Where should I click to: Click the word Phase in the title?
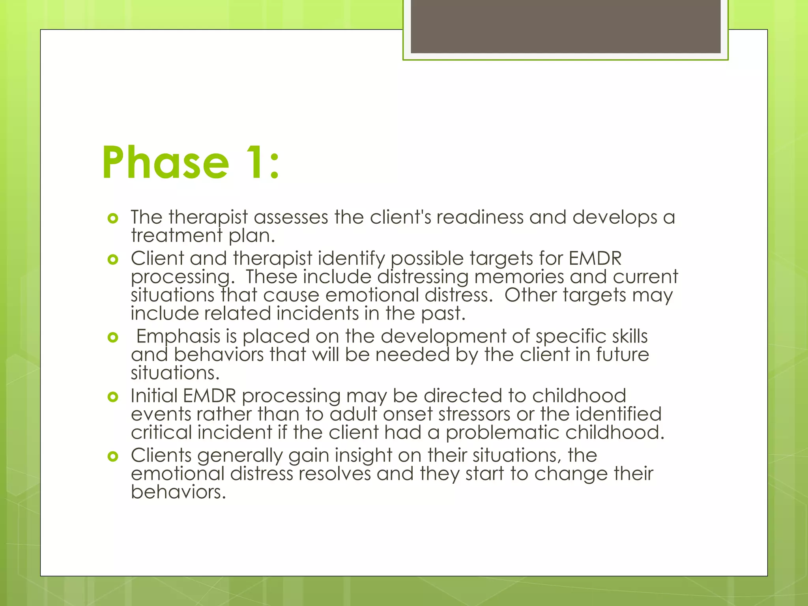[x=165, y=163]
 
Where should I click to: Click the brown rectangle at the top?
[x=565, y=26]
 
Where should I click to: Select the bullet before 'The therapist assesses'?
[x=113, y=218]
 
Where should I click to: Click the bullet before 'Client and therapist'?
[x=113, y=259]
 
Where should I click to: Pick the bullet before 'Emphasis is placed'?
[x=113, y=337]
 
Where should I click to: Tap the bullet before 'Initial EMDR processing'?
[x=113, y=397]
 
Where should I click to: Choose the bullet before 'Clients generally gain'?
[x=113, y=456]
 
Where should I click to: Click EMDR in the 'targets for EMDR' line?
[x=595, y=259]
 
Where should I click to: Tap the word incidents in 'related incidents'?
[x=317, y=314]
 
